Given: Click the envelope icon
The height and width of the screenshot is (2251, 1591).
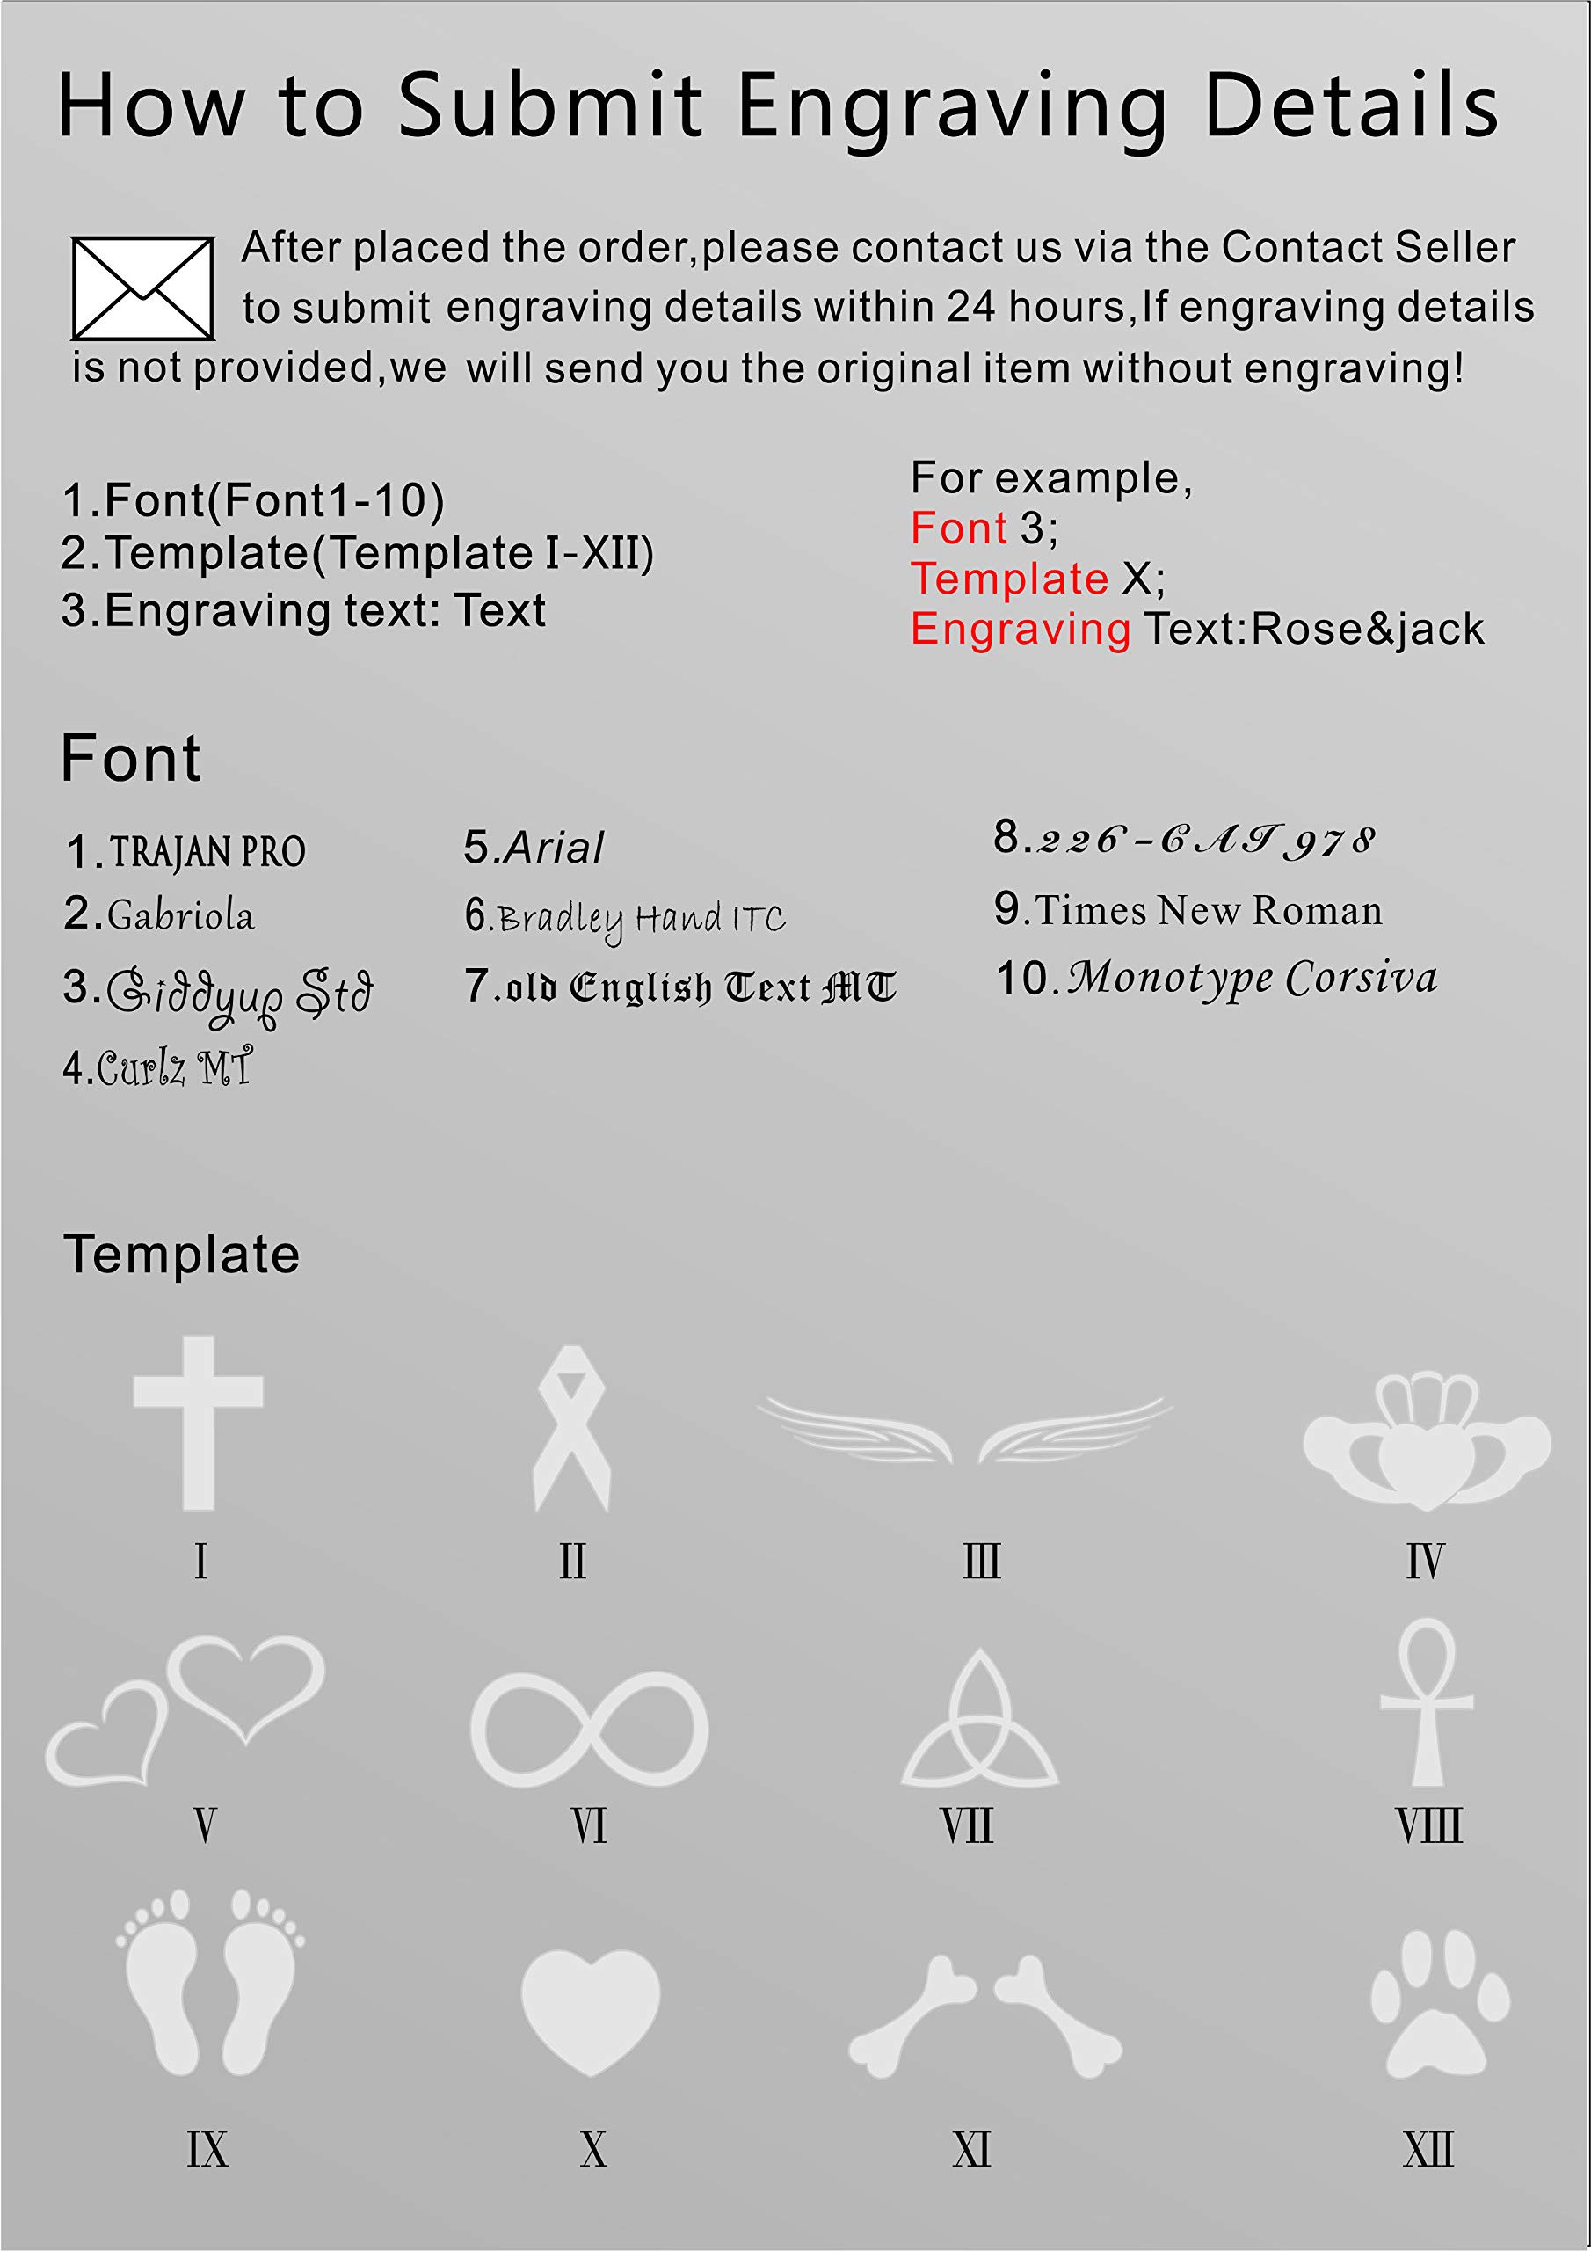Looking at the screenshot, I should tap(143, 288).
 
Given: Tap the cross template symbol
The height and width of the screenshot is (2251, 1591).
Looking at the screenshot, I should tap(199, 1422).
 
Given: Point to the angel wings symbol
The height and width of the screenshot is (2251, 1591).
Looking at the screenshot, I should tap(964, 1431).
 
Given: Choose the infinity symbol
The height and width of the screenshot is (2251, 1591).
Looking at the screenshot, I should tap(589, 1730).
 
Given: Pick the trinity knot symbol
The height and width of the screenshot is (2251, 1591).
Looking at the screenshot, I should tap(979, 1722).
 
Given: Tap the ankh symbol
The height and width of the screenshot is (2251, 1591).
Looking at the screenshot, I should tap(1428, 1701).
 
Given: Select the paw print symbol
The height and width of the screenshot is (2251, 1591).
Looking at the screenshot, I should tap(1439, 2004).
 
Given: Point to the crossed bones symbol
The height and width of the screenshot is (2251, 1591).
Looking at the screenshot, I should tap(985, 2015).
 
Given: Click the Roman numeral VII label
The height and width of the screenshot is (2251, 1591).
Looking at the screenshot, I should tap(968, 1826).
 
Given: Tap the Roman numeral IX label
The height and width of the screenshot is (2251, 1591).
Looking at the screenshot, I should tap(207, 2150).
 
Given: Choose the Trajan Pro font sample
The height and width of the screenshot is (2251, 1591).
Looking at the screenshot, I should tap(207, 852).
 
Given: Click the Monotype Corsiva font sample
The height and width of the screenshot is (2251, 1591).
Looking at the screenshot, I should tap(1252, 979).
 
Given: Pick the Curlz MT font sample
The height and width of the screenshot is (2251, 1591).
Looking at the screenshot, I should tap(173, 1067).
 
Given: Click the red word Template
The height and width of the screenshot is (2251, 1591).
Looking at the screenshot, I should tap(1009, 579).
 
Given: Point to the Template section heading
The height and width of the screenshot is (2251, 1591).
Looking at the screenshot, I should tap(181, 1254).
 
